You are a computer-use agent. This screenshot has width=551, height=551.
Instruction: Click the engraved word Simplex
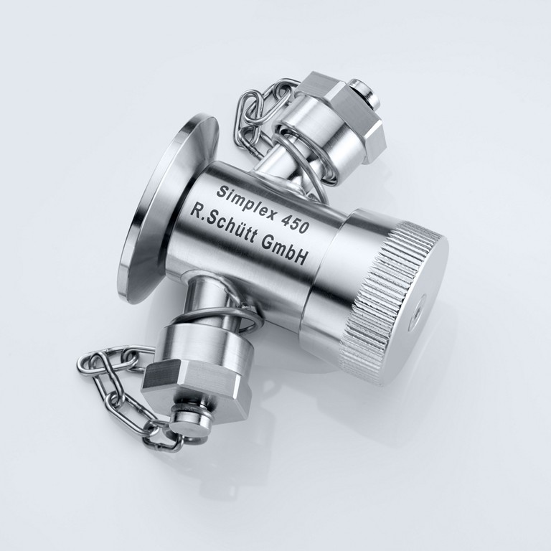pyautogui.click(x=245, y=205)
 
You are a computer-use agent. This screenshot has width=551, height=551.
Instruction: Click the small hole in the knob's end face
pyautogui.click(x=417, y=308)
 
